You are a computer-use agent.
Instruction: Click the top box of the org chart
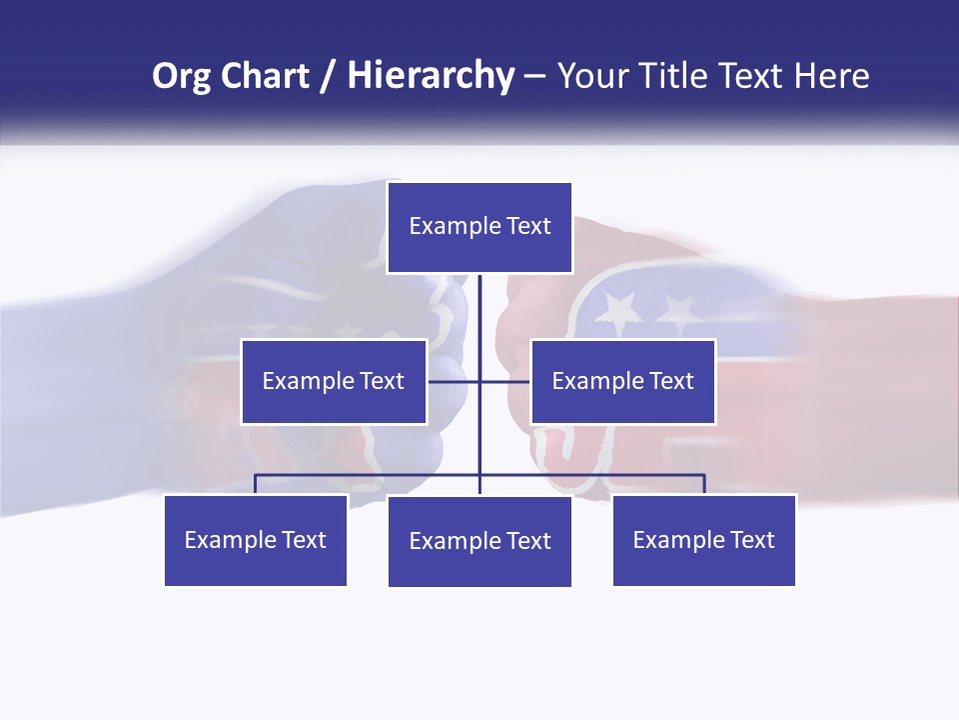coord(479,227)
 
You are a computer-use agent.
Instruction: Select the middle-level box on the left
coord(334,381)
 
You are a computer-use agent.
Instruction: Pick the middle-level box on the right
coord(622,381)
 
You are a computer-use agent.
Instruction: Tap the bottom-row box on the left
coord(256,540)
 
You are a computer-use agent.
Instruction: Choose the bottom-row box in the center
coord(479,541)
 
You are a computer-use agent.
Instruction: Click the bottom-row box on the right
coord(703,540)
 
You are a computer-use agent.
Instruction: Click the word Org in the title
coord(181,76)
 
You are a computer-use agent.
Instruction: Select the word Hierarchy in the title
coord(431,76)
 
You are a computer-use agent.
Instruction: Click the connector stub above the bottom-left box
coord(255,484)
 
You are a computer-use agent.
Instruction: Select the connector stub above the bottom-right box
coord(704,484)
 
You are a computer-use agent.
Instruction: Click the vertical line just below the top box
coord(479,300)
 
